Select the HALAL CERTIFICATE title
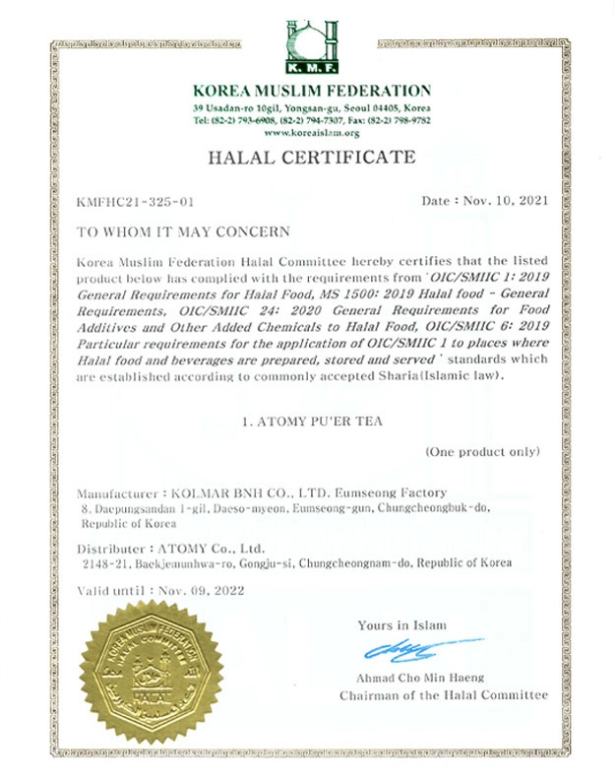(309, 159)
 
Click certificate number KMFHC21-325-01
(135, 201)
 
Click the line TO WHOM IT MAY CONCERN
(183, 232)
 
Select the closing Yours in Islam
(402, 625)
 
